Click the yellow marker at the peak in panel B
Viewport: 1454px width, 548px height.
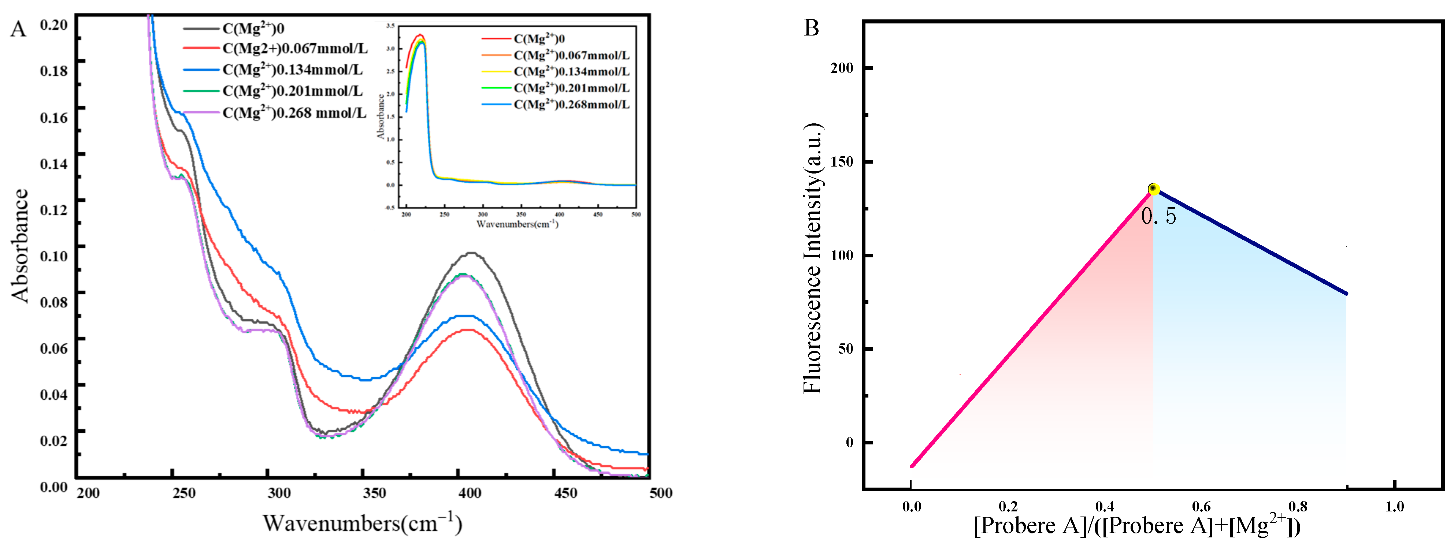(x=1154, y=189)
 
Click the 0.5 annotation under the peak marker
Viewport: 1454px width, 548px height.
(x=1158, y=216)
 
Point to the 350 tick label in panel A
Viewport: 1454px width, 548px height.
(x=374, y=493)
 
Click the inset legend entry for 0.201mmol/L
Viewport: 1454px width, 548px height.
(x=571, y=88)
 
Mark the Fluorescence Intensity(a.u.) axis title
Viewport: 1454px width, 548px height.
(x=813, y=258)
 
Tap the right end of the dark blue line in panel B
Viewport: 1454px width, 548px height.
(x=1346, y=294)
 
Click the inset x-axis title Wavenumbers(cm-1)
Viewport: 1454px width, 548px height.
(x=517, y=224)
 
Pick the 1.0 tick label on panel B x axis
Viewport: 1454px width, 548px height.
(x=1394, y=506)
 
